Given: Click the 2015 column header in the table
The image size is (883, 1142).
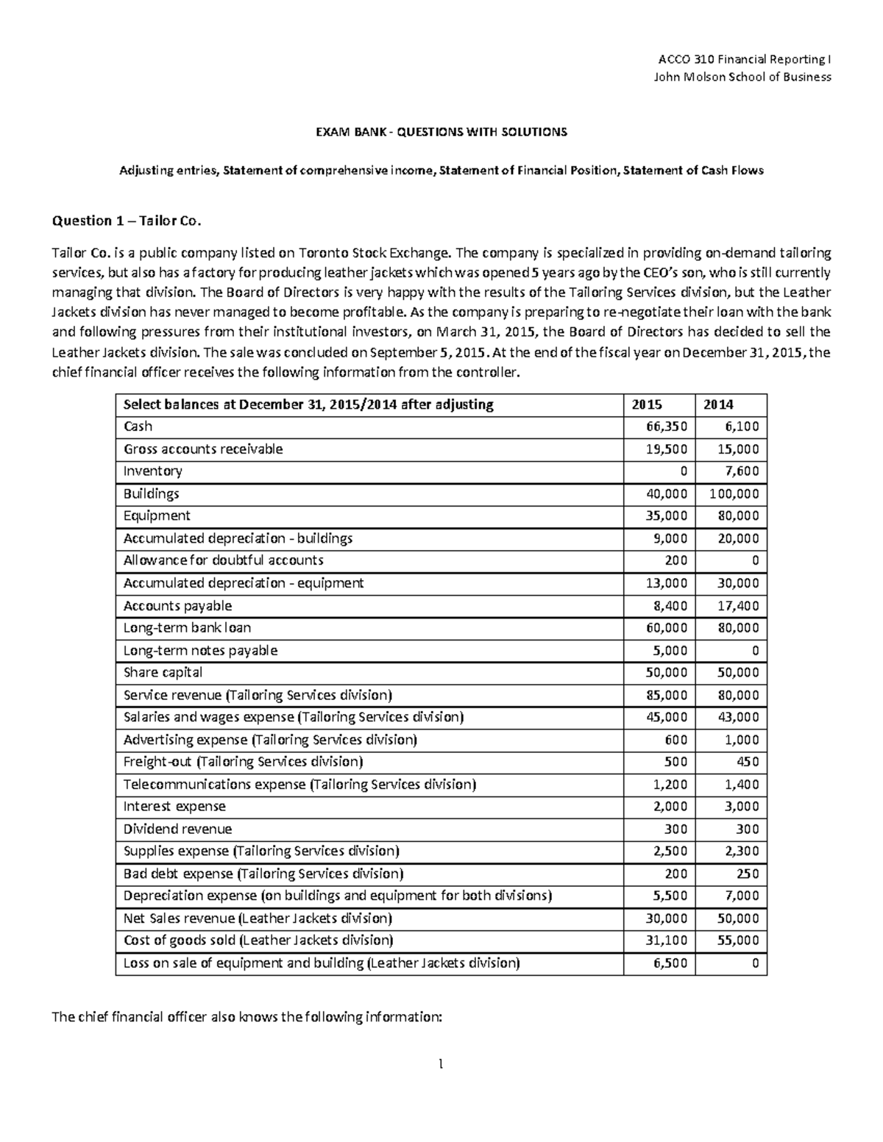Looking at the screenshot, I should [646, 404].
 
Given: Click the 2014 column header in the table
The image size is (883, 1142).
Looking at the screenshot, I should [718, 404].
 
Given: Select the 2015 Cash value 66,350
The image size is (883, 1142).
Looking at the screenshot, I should [667, 427].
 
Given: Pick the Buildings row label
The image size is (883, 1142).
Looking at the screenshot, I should [151, 493].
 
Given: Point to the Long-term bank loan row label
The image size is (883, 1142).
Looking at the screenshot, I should [187, 628].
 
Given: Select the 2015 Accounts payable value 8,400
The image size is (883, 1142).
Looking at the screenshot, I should [671, 606].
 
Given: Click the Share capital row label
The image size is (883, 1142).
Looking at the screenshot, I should [163, 673].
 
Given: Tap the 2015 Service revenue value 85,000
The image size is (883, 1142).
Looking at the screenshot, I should [667, 695].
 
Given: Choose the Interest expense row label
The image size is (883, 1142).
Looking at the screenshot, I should [174, 807].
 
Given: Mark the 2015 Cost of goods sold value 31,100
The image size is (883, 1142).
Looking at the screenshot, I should [667, 941].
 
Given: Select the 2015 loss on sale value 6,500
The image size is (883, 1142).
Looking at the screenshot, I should [671, 963].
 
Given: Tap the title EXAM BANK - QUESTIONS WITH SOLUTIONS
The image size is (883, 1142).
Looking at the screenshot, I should [441, 132].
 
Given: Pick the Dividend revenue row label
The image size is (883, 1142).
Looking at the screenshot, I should [177, 829].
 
